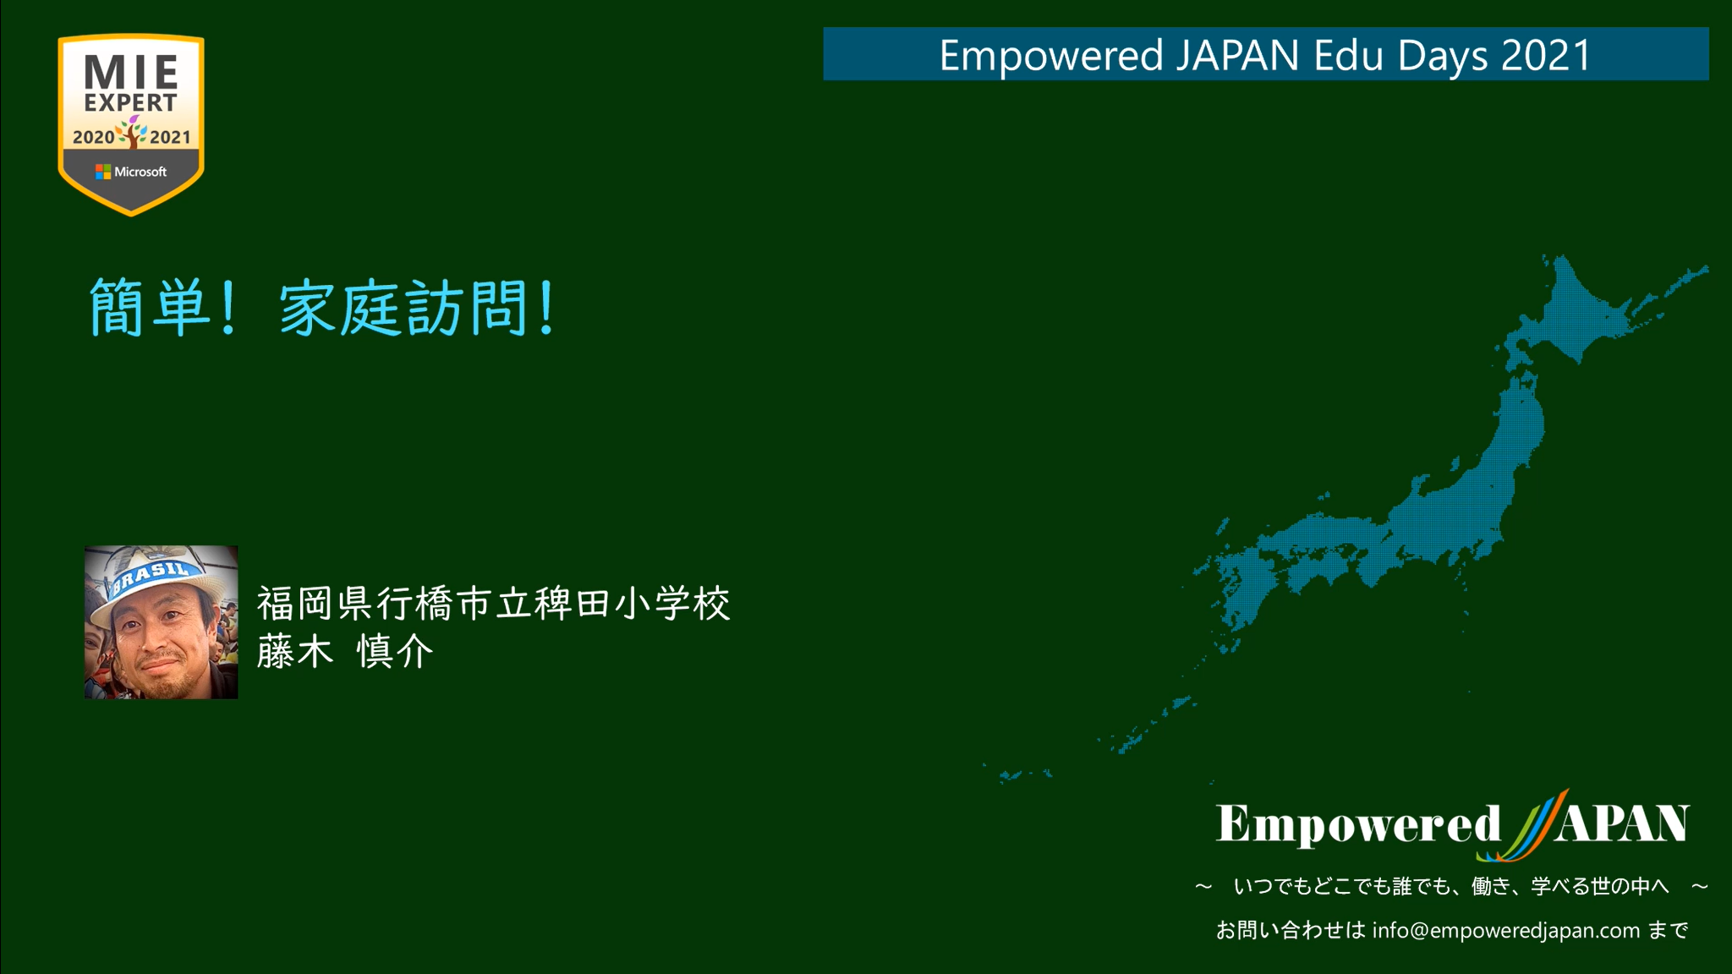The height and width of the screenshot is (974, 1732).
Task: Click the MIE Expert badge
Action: coord(131,124)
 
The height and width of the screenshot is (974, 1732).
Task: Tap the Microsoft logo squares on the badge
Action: coord(103,172)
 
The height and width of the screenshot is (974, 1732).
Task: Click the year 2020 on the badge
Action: coord(93,137)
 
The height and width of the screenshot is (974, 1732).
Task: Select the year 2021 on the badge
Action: coord(170,137)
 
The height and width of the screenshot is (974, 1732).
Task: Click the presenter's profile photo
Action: coord(161,622)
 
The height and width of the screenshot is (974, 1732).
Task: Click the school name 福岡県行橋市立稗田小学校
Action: coord(493,604)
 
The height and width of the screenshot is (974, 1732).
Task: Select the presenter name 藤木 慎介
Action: coord(345,652)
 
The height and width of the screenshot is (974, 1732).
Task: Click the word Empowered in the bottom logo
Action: coord(1358,824)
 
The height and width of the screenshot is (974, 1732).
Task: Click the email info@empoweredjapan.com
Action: coord(1506,931)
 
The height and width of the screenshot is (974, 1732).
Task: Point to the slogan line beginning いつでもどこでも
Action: coord(1451,886)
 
